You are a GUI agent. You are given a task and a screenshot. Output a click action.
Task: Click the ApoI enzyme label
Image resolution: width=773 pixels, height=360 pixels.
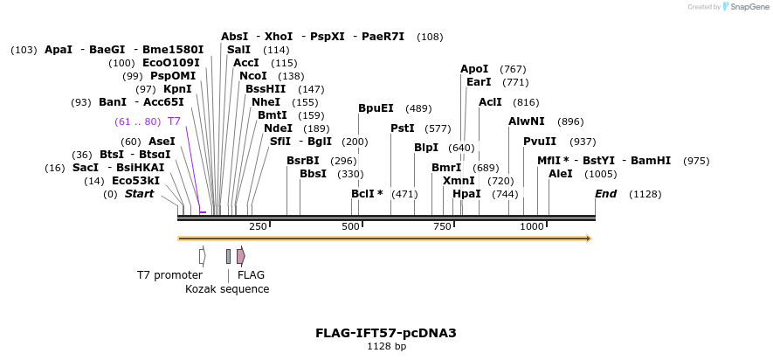point(474,69)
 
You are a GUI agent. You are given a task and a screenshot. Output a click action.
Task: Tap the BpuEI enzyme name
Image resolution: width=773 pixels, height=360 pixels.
point(376,108)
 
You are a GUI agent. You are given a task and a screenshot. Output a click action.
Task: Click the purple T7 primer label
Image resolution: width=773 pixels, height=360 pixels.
point(174,121)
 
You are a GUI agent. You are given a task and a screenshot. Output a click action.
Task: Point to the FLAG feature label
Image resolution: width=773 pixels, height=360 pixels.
point(251,274)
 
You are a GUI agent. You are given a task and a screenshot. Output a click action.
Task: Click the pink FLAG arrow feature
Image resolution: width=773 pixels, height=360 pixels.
point(240,256)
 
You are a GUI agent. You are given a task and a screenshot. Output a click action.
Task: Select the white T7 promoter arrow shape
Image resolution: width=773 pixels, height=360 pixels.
point(202,256)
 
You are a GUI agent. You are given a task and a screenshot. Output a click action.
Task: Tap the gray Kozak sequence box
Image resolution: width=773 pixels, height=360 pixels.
point(228,256)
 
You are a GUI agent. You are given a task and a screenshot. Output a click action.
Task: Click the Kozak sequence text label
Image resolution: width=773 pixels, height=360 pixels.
point(227,289)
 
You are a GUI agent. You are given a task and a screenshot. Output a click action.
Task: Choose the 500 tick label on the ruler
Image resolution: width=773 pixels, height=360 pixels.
point(351,226)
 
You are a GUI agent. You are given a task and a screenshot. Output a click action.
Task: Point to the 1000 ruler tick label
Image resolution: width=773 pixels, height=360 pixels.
point(532,226)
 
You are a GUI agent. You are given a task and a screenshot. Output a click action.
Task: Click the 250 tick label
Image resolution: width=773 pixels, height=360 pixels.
point(258,226)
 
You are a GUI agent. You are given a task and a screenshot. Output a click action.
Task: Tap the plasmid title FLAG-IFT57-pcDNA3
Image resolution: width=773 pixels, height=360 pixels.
point(386,333)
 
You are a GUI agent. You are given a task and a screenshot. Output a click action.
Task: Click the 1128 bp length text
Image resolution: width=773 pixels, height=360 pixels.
point(386,347)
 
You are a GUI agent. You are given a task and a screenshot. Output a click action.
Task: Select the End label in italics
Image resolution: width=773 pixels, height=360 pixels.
point(605,194)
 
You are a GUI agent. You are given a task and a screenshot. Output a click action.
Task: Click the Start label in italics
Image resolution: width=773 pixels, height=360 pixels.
point(139,194)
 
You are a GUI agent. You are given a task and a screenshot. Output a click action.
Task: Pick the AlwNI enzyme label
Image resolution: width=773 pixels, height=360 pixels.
point(526,121)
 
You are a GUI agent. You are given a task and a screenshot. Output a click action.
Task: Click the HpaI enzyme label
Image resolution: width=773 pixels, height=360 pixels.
point(466,194)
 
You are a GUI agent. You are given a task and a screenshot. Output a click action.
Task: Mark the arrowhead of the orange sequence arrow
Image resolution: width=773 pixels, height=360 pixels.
point(589,238)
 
